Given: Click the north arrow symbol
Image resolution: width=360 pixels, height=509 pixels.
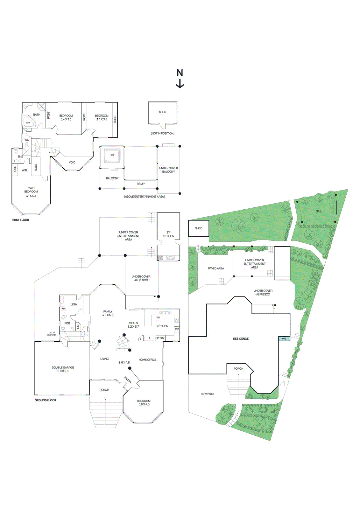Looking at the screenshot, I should click(180, 79).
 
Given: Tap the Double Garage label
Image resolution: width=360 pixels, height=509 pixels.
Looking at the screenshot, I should click(63, 369).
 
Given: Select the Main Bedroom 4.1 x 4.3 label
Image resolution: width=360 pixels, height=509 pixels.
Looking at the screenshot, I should click(31, 192).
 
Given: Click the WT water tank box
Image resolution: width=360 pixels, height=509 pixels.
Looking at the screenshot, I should click(284, 339).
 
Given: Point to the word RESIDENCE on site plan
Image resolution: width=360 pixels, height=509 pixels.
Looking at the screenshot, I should click(241, 339).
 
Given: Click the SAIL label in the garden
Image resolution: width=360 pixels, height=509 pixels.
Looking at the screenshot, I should click(319, 211).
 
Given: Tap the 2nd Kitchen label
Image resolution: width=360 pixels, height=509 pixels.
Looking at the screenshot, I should click(168, 234).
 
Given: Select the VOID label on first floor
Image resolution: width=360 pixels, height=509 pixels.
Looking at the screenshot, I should click(72, 162).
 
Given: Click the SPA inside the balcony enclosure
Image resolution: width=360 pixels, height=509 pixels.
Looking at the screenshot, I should click(112, 155).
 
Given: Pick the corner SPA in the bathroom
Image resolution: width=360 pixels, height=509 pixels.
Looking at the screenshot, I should click(28, 122).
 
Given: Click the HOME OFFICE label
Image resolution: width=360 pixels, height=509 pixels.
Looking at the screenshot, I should click(147, 360).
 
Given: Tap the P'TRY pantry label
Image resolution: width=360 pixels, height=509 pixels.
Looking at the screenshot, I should click(161, 338).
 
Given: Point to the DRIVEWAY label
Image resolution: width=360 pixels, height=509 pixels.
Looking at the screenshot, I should click(207, 394).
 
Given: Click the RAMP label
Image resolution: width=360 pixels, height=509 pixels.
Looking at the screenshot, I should click(141, 184).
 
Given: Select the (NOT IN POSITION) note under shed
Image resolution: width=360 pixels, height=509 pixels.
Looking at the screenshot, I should click(162, 133).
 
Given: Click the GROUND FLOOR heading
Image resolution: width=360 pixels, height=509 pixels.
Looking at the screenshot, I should click(45, 400).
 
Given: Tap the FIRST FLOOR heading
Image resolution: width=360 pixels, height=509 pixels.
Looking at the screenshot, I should click(20, 220).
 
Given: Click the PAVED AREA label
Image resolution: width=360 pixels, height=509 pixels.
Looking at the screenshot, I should click(216, 268).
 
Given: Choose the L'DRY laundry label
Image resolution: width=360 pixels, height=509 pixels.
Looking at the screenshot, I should click(74, 304).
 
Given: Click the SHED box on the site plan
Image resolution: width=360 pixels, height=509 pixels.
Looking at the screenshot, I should click(199, 228).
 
